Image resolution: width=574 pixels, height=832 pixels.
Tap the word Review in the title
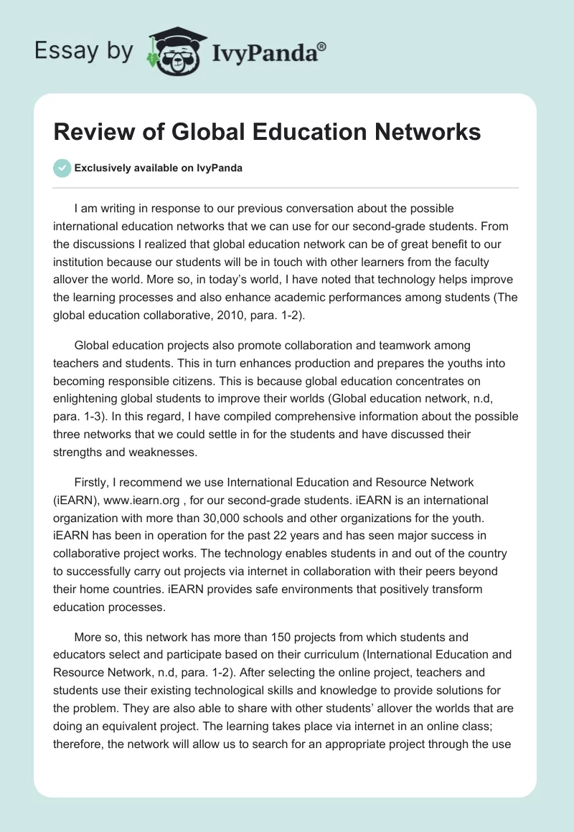pos(90,132)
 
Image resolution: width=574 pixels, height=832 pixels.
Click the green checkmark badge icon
pos(62,168)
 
